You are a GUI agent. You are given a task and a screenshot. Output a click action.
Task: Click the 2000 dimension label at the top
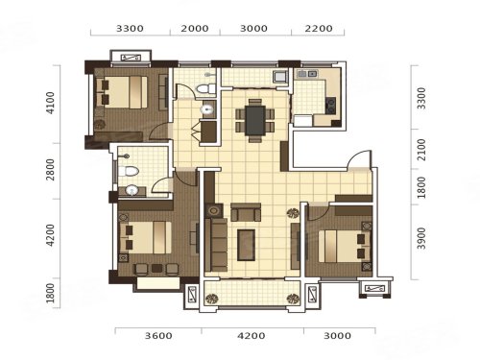pyautogui.click(x=195, y=29)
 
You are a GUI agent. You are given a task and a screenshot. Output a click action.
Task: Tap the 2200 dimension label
pyautogui.click(x=319, y=29)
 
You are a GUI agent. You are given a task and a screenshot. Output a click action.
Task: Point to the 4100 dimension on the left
pyautogui.click(x=50, y=103)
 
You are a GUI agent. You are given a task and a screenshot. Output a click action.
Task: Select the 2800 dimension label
pyautogui.click(x=50, y=170)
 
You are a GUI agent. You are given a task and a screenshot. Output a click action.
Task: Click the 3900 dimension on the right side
pyautogui.click(x=421, y=238)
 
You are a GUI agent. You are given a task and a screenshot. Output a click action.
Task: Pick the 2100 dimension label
pyautogui.click(x=421, y=150)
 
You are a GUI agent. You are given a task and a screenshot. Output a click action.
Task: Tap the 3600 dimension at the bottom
pyautogui.click(x=158, y=336)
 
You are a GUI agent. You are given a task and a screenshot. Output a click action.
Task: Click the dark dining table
pyautogui.click(x=255, y=120)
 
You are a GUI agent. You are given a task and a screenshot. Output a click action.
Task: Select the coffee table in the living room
pyautogui.click(x=246, y=245)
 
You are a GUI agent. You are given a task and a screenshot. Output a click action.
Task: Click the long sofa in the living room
pyautogui.click(x=216, y=245)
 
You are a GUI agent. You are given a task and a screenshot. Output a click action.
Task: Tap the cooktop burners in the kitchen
pyautogui.click(x=330, y=106)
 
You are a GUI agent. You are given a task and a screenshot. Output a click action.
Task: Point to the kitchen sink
pyautogui.click(x=307, y=74)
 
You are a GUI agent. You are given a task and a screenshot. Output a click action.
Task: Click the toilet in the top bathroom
pyautogui.click(x=205, y=88)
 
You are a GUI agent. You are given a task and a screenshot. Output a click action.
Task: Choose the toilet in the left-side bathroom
pyautogui.click(x=128, y=171)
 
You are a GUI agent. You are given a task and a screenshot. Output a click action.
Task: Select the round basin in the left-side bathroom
pyautogui.click(x=132, y=191)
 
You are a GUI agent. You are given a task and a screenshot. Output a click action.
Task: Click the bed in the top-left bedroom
pyautogui.click(x=122, y=92)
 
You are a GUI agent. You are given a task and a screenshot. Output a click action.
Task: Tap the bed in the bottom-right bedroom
pyautogui.click(x=345, y=246)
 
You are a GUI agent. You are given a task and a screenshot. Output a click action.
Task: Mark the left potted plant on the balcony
pyautogui.click(x=211, y=299)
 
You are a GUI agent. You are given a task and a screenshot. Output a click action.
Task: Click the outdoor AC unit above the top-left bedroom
pyautogui.click(x=131, y=58)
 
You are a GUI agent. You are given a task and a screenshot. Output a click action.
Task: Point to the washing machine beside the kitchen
pyautogui.click(x=280, y=77)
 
